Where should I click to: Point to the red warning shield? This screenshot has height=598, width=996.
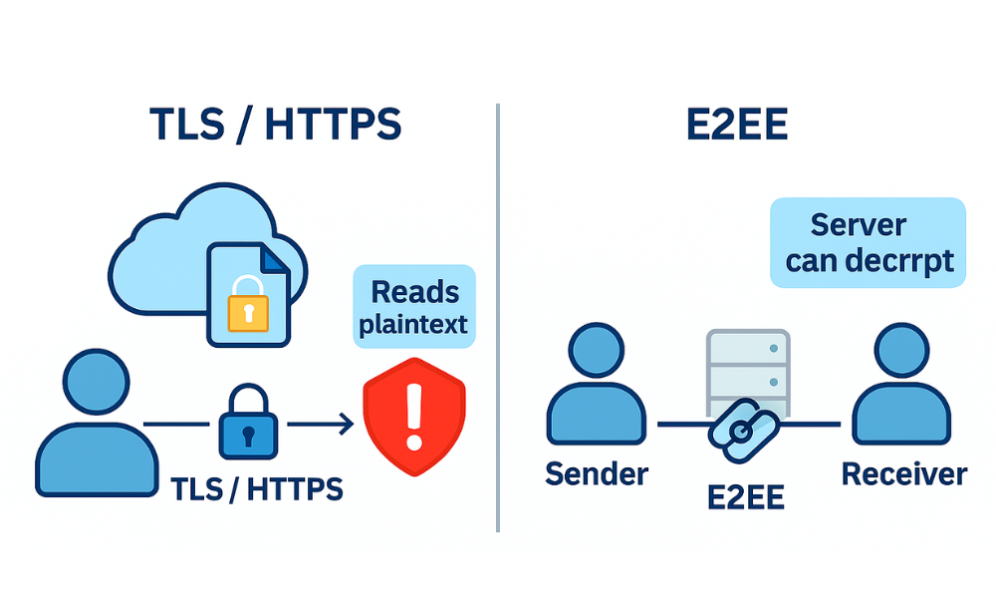pos(414,411)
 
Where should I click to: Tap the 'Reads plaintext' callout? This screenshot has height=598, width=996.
pos(414,308)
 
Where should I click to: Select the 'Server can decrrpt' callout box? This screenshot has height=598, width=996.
pos(869,242)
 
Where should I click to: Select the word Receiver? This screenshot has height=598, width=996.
pos(903,474)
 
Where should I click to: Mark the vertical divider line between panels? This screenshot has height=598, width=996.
pos(497,319)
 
